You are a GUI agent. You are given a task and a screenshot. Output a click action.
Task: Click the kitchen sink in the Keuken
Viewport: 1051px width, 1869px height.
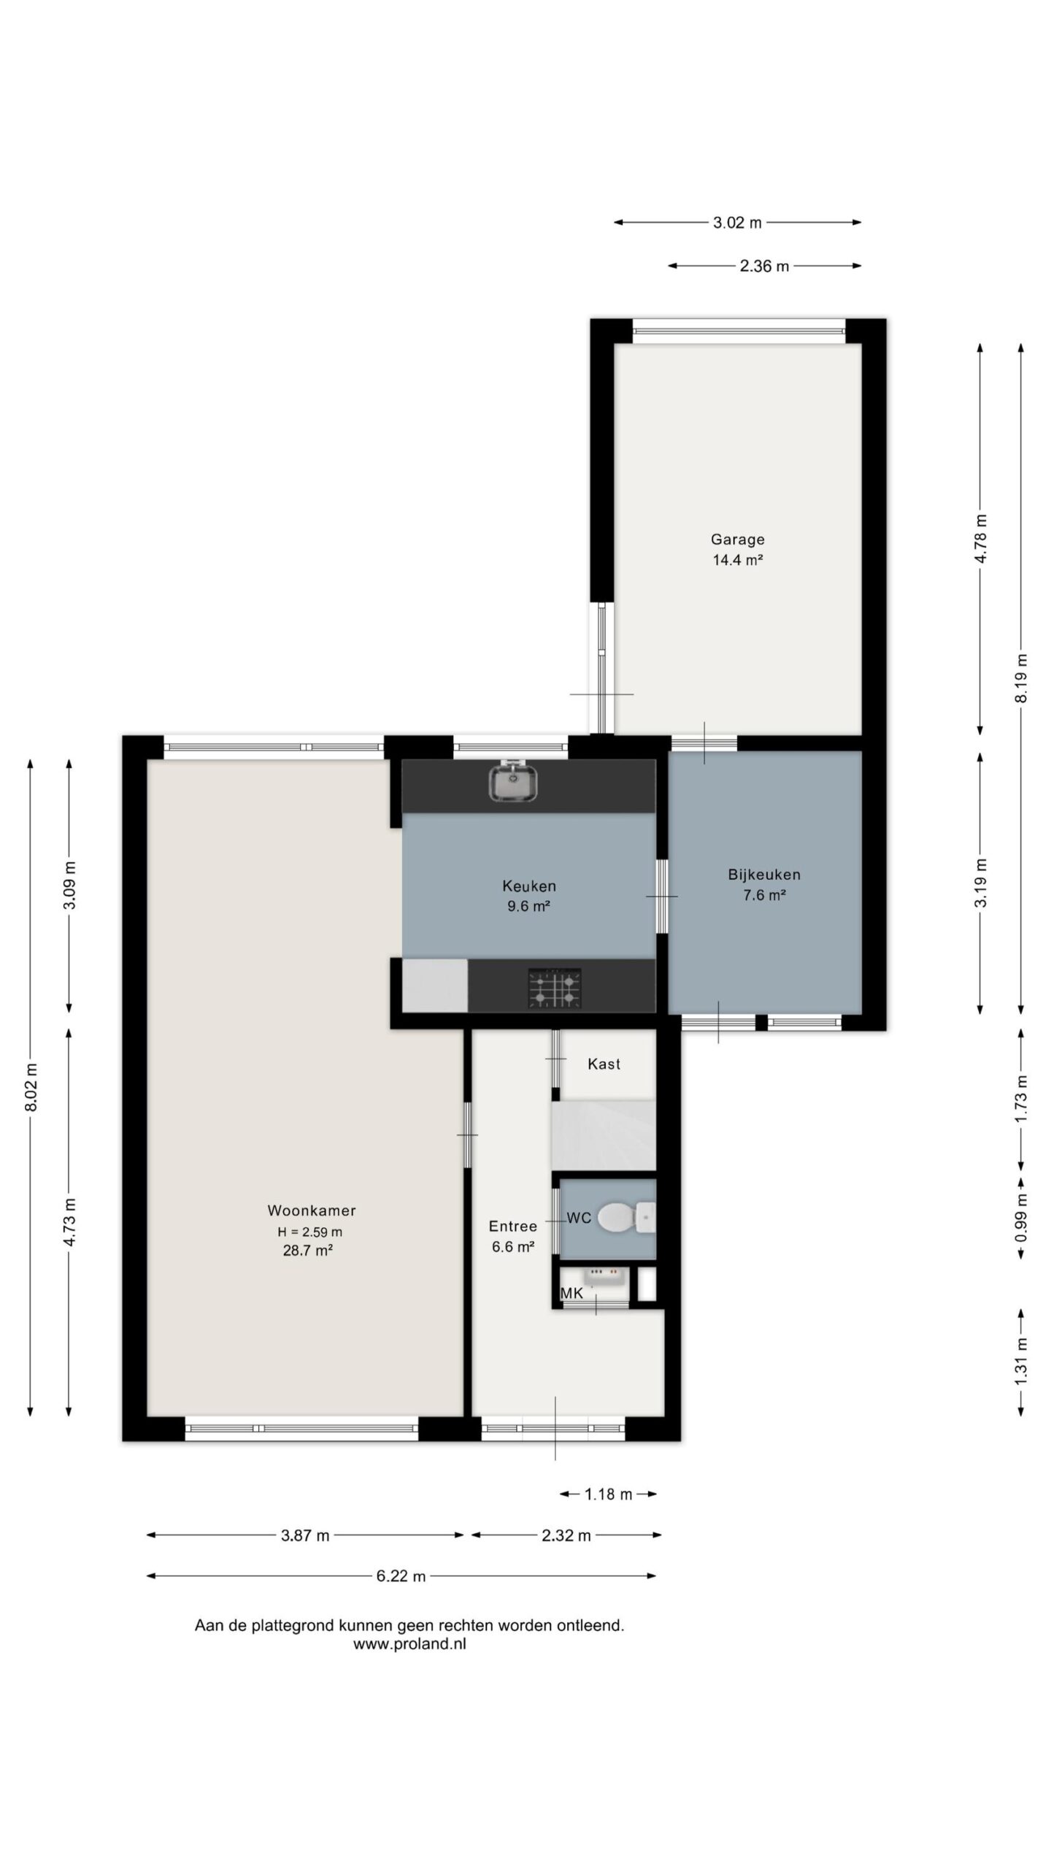point(515,779)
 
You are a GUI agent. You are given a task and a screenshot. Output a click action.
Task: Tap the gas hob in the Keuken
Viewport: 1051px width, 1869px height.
point(555,989)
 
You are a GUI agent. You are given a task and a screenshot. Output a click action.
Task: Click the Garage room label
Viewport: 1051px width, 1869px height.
point(738,540)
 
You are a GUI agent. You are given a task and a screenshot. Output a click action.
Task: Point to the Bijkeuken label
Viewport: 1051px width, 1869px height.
point(764,874)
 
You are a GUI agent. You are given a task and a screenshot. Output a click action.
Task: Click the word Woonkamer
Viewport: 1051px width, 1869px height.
point(312,1210)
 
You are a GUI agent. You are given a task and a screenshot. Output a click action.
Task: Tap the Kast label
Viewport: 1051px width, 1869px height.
point(604,1064)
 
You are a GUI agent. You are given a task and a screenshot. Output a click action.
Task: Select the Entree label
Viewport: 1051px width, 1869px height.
point(513,1226)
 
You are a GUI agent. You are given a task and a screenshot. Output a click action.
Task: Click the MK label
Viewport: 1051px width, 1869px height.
point(571,1293)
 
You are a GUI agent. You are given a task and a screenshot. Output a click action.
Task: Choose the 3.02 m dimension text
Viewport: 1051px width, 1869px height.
point(737,223)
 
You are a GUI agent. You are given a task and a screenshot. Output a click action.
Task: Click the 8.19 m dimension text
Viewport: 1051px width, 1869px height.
point(1022,678)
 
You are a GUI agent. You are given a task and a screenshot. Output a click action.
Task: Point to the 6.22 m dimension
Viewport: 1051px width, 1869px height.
point(401,1576)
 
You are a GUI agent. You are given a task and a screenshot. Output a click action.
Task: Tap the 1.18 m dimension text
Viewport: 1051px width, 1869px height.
point(608,1494)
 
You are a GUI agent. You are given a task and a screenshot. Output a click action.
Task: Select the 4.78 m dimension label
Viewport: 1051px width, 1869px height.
point(981,539)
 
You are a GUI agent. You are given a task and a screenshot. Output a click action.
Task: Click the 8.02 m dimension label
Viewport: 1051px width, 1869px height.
point(31,1088)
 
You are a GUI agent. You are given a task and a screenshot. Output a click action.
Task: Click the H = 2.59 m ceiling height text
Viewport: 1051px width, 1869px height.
point(309,1232)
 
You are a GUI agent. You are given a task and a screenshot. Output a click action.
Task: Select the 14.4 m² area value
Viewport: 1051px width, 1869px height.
point(738,560)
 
